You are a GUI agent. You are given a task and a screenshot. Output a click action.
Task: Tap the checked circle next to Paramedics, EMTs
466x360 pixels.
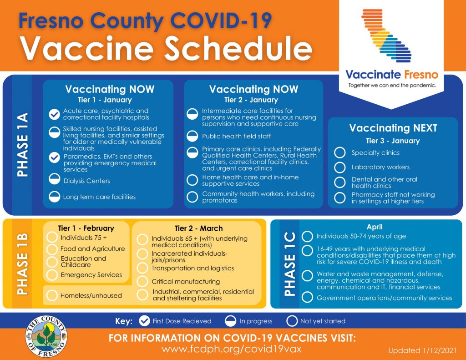coord(54,157)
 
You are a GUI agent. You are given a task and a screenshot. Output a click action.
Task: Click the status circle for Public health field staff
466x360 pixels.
coord(193,136)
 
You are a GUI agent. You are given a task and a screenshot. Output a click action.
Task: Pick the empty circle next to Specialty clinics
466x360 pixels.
coord(339,153)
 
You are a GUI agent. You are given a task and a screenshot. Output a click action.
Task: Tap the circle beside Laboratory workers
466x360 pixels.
coord(339,167)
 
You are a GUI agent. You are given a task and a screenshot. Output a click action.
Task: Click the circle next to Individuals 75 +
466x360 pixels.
coord(52,238)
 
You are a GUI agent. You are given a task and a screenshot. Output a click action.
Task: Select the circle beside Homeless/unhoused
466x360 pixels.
coord(52,295)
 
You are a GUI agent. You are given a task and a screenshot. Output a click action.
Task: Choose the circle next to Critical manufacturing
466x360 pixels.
coord(143,281)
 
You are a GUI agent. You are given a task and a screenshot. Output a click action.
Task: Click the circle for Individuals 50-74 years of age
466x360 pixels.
coord(308,236)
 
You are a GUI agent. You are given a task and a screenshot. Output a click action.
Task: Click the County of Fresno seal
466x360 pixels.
coord(46,336)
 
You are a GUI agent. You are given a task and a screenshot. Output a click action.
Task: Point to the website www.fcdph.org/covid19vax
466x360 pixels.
coord(232,349)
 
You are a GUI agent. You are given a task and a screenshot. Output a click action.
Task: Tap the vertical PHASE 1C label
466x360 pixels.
coord(289,264)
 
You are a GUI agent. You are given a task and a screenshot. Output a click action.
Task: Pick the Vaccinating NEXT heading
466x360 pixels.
coord(393,128)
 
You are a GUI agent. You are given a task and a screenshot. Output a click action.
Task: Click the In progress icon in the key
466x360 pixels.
coord(232,321)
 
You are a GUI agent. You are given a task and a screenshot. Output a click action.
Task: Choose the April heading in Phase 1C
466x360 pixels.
coord(375,227)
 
